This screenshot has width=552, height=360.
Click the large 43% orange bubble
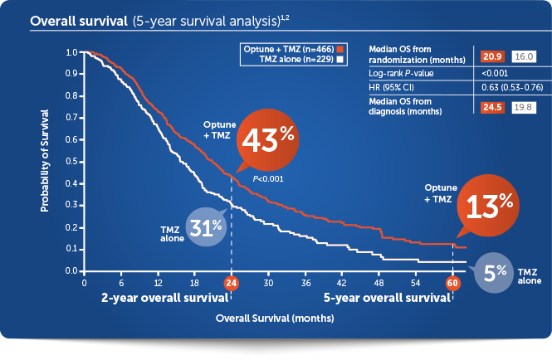point(270,142)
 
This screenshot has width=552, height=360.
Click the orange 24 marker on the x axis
point(232,283)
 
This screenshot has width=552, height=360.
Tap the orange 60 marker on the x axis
point(453,283)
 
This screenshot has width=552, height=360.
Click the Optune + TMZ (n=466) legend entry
point(286,51)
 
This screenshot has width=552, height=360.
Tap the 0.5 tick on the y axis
point(71,161)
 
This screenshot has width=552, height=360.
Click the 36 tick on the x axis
point(306,283)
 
